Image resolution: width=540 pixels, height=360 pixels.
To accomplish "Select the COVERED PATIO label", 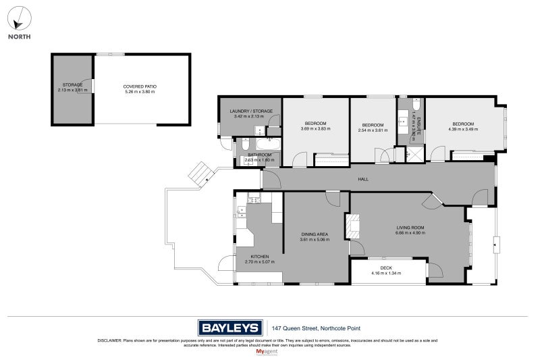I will click(138, 86).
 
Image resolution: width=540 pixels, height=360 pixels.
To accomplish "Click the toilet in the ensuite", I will click(416, 105).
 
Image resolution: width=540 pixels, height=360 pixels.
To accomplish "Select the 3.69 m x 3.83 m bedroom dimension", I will click(315, 128).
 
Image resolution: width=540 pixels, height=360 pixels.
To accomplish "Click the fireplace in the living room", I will click(353, 226).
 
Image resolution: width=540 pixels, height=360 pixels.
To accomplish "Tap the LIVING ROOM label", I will click(409, 228).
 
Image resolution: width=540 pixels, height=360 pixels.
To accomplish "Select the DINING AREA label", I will click(315, 234).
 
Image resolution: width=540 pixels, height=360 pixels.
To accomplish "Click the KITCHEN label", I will click(260, 257).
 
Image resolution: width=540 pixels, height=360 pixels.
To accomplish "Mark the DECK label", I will click(385, 268).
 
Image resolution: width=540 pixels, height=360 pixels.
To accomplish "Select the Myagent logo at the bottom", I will click(269, 352).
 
